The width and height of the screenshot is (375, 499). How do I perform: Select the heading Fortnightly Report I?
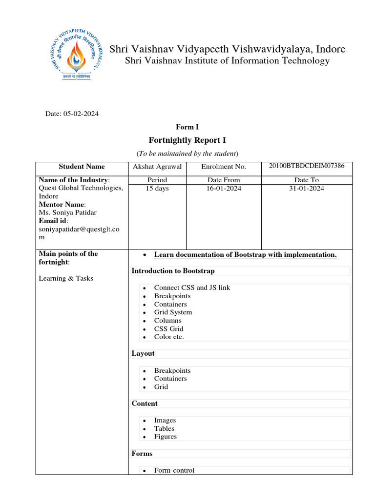point(187,140)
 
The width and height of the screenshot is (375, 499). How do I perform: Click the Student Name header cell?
point(82,167)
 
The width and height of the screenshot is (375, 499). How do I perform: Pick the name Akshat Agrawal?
point(157,167)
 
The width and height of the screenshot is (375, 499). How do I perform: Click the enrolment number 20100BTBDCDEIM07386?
point(307,166)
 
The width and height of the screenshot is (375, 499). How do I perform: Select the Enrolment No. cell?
point(224,167)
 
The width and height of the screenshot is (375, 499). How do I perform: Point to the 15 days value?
point(157,188)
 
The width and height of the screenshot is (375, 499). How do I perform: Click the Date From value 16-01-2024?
point(224,188)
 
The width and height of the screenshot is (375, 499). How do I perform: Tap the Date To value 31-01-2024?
point(307,188)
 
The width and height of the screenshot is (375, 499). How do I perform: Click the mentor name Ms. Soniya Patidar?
point(67,213)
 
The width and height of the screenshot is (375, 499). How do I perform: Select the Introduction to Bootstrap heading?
point(173,271)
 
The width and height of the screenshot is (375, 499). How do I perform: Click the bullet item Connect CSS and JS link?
point(192,288)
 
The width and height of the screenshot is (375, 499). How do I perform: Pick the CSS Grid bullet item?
point(168,329)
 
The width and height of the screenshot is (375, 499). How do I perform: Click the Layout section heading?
point(143,353)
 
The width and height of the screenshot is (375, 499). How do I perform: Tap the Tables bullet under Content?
point(164,429)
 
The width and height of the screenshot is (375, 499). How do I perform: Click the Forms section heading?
point(142,454)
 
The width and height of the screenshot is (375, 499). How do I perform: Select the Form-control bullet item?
point(174,470)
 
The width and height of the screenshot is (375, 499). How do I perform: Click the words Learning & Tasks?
point(66,278)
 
